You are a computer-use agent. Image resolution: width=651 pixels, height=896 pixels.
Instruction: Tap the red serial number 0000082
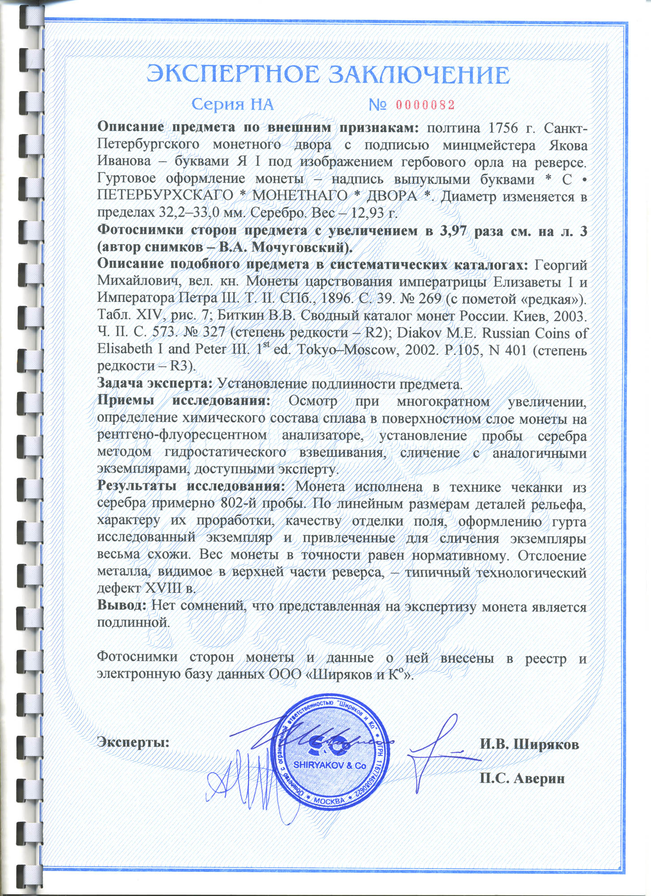pyautogui.click(x=425, y=105)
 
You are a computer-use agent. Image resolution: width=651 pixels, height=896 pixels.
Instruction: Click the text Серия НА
pyautogui.click(x=232, y=105)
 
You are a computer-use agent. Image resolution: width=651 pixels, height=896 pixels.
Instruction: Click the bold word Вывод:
pyautogui.click(x=122, y=606)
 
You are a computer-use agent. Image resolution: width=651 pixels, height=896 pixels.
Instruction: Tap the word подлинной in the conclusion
pyautogui.click(x=134, y=622)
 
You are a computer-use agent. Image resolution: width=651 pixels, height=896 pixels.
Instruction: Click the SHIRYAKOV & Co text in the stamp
pyautogui.click(x=330, y=766)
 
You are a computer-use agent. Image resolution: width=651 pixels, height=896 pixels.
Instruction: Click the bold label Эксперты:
pyautogui.click(x=134, y=742)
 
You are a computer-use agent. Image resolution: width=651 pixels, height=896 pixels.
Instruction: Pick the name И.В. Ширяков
pyautogui.click(x=529, y=744)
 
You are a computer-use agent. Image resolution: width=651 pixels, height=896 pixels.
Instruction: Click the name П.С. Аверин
pyautogui.click(x=522, y=778)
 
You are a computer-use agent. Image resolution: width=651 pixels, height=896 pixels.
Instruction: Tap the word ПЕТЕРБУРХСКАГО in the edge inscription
pyautogui.click(x=165, y=196)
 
